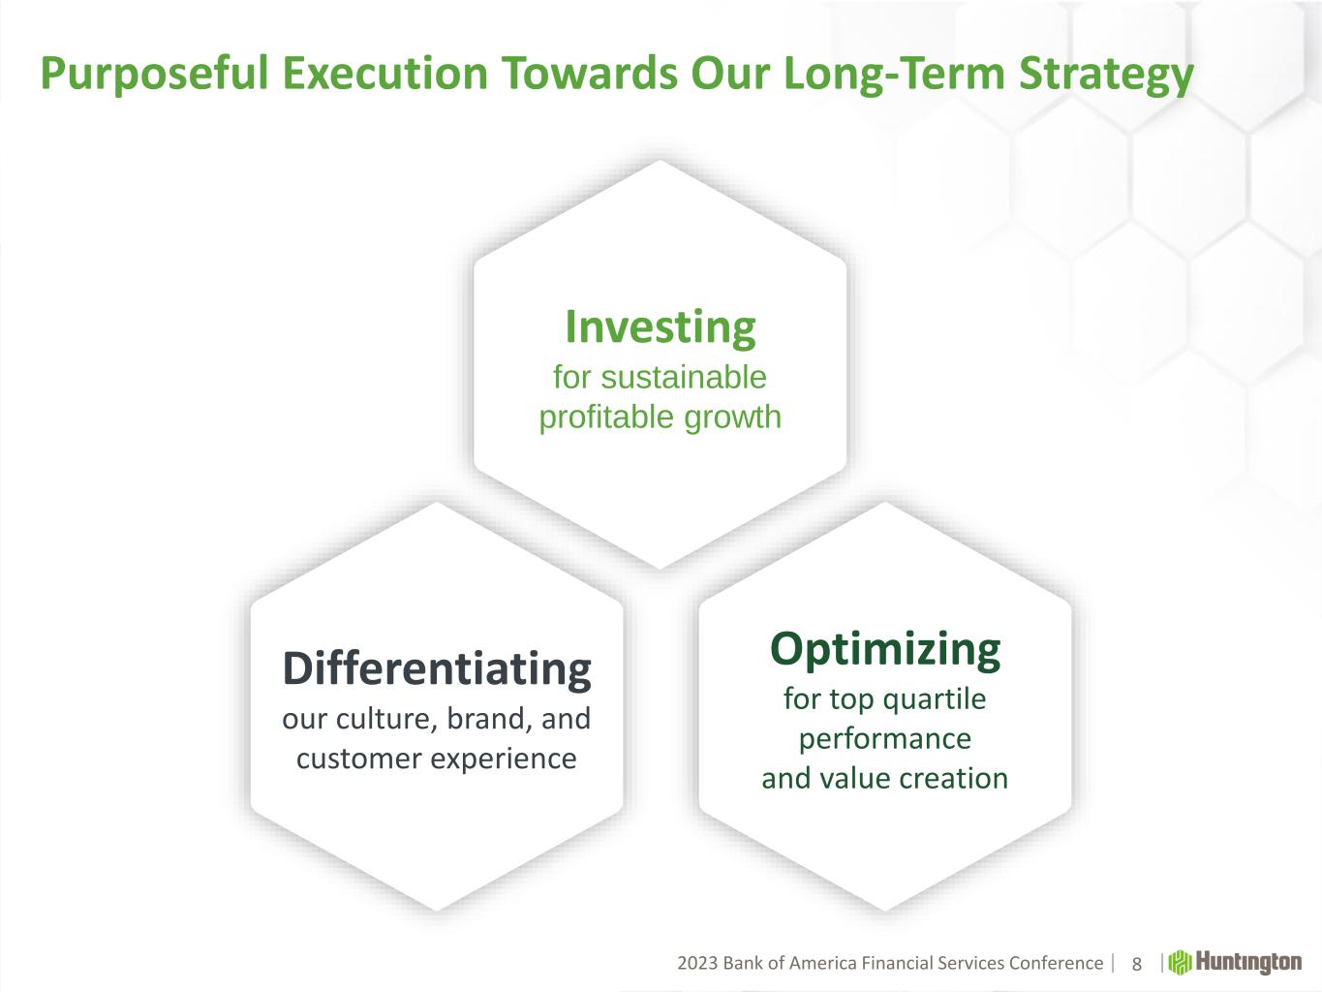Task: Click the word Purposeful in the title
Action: tap(154, 74)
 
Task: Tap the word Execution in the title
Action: tap(384, 73)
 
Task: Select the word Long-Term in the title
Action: tap(894, 74)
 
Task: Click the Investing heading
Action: tap(661, 327)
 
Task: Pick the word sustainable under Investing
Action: tap(684, 378)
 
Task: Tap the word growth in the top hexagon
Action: tap(733, 418)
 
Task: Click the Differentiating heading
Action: tap(437, 669)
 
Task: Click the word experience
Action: tap(505, 759)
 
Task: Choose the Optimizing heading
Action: tap(885, 650)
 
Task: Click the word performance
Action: tap(885, 739)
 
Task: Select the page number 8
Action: tap(1136, 964)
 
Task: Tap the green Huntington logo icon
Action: tap(1180, 963)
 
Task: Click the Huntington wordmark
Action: tap(1248, 963)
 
